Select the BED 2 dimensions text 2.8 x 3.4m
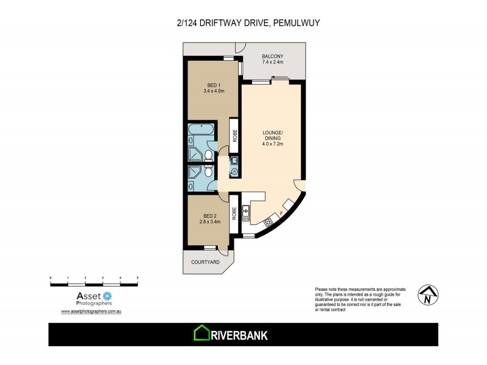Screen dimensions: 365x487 coord(210,222)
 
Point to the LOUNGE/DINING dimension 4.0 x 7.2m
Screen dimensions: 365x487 coord(272,144)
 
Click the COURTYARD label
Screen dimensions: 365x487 coord(205,262)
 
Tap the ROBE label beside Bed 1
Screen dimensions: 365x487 coord(233,133)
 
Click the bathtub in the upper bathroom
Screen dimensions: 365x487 coord(200,130)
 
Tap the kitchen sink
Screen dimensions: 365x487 coord(247,212)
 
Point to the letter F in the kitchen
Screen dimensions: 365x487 coord(281,214)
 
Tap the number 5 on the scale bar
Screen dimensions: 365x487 coord(138,277)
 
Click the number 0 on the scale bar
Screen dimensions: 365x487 coord(51,277)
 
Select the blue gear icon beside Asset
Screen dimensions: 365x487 coord(108,296)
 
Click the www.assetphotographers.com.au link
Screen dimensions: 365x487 coord(93,311)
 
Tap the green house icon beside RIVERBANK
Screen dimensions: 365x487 coord(201,334)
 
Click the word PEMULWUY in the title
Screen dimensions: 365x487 coord(296,23)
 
